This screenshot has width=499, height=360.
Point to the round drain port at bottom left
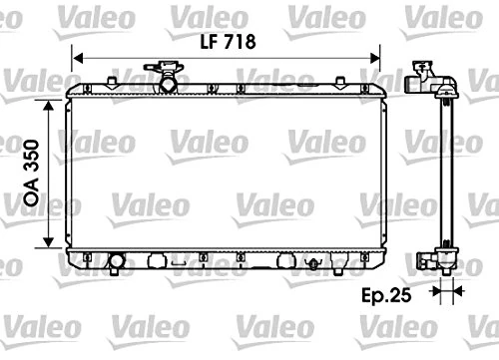pyautogui.click(x=118, y=263)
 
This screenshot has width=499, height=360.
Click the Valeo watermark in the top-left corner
pyautogui.click(x=29, y=13)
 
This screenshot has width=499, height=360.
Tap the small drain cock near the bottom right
pyautogui.click(x=314, y=264)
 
